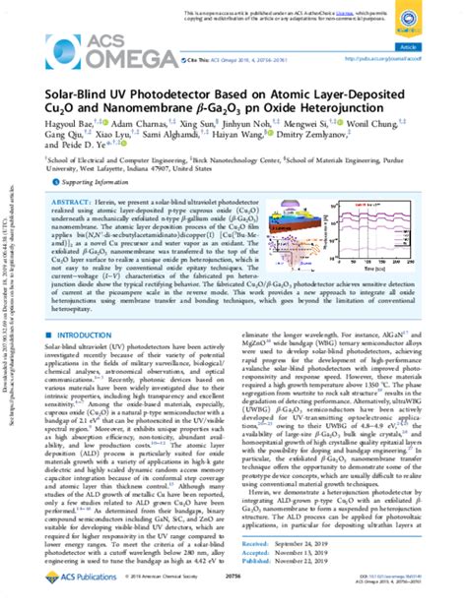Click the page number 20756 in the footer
coord(234,595)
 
